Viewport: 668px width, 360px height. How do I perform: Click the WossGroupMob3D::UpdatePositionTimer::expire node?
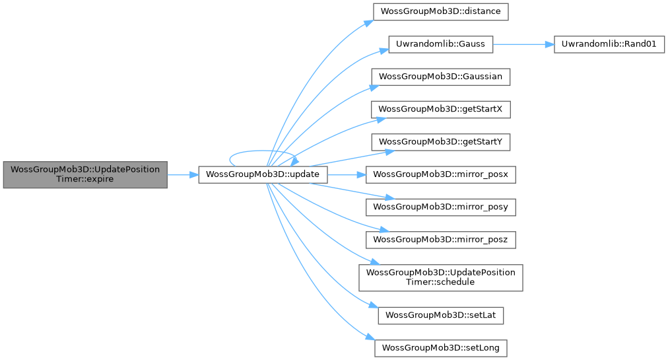(84, 174)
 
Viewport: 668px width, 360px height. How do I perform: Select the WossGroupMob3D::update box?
(263, 174)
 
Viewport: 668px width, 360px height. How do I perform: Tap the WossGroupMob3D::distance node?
(440, 12)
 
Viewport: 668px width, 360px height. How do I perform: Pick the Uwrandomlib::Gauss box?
(440, 44)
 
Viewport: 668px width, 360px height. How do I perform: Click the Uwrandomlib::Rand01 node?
(609, 44)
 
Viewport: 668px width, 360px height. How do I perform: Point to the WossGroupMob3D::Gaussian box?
(440, 77)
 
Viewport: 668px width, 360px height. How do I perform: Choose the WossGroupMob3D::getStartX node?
(440, 110)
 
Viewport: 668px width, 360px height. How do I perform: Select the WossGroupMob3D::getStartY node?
(440, 142)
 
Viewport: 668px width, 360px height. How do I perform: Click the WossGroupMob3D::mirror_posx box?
(440, 174)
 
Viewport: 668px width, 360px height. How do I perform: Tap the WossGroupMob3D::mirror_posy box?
(440, 207)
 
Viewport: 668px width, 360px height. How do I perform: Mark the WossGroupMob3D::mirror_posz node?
(440, 240)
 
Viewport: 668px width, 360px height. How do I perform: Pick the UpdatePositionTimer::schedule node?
(440, 277)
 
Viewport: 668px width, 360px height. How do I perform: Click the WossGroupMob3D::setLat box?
(440, 316)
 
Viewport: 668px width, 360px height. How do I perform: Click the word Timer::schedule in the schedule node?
(440, 282)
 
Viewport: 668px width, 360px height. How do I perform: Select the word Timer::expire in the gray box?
(84, 179)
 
